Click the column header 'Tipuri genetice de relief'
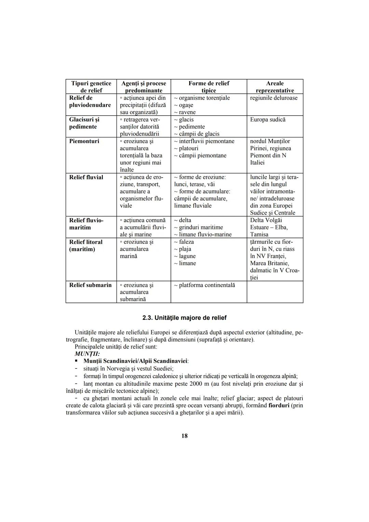[x=91, y=87]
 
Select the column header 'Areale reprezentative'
[x=275, y=87]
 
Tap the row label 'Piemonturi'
[x=84, y=141]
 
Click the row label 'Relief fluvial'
[x=86, y=177]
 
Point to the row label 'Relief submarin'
[x=90, y=285]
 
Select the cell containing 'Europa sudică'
[x=268, y=120]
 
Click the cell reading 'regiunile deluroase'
[x=274, y=98]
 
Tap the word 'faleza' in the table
[x=186, y=242]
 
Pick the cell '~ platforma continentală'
[x=204, y=285]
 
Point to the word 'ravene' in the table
[x=187, y=112]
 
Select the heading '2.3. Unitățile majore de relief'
[x=184, y=318]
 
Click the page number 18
[x=184, y=436]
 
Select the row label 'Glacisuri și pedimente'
[x=84, y=123]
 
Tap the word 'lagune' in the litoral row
[x=187, y=256]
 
